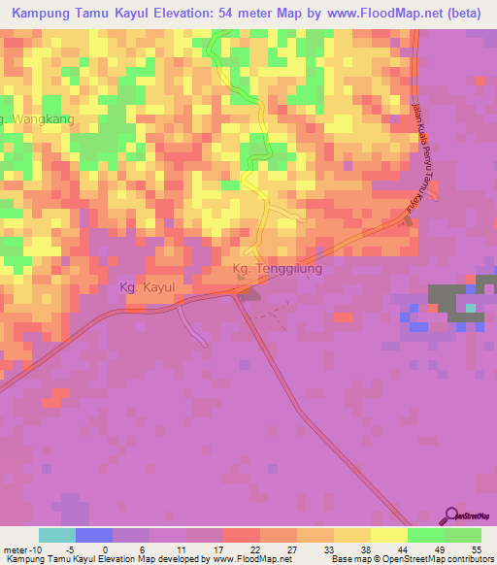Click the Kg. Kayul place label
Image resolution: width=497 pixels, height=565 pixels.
(x=143, y=288)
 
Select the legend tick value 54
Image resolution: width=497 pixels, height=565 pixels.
(x=478, y=549)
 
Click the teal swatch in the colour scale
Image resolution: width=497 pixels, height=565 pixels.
(x=56, y=535)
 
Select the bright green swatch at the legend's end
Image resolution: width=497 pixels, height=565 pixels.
(x=463, y=535)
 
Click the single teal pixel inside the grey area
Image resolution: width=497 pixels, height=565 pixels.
(x=471, y=309)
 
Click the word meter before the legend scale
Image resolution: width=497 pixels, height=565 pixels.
(x=17, y=549)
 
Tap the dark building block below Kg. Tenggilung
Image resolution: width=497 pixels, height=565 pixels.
(x=249, y=291)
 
